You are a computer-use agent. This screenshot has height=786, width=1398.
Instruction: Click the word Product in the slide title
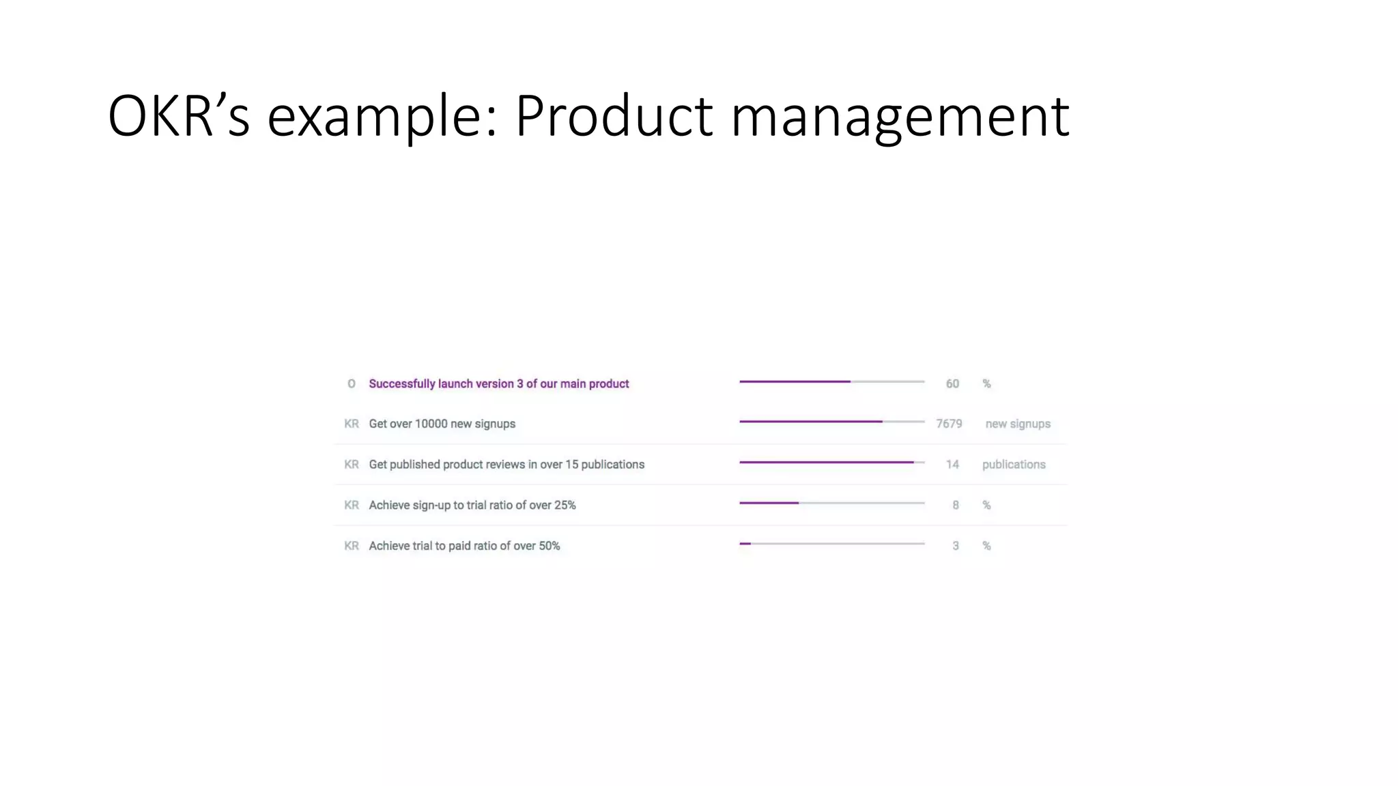[x=614, y=116]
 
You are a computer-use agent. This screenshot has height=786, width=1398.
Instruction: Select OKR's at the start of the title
[x=179, y=116]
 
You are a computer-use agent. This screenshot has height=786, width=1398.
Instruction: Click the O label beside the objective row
[x=352, y=384]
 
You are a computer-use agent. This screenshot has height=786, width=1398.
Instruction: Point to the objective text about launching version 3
[x=498, y=384]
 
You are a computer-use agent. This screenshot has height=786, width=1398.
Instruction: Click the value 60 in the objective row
[x=952, y=384]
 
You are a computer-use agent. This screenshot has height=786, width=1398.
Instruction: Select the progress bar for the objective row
[x=831, y=381]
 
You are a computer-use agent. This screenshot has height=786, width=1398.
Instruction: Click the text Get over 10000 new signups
[x=442, y=424]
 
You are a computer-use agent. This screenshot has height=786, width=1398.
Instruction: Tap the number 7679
[x=949, y=424]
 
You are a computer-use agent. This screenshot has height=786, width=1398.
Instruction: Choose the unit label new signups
[x=1017, y=424]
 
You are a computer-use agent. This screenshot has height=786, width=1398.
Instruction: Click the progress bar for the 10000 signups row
[x=831, y=422]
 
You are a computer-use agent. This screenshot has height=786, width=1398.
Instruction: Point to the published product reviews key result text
[x=507, y=465]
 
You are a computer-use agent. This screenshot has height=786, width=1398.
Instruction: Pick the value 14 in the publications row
[x=952, y=465]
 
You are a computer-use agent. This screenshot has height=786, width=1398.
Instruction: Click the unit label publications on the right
[x=1014, y=465]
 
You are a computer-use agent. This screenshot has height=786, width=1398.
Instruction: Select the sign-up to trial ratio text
[x=472, y=506]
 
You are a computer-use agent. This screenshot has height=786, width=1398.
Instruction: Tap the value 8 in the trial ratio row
[x=956, y=506]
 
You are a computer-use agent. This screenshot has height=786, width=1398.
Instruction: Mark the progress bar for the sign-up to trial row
[x=831, y=503]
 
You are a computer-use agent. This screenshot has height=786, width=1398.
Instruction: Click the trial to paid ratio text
[x=464, y=546]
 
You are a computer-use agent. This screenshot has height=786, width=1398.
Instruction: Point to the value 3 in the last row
[x=956, y=546]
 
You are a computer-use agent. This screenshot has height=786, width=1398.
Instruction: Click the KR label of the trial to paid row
[x=352, y=546]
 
